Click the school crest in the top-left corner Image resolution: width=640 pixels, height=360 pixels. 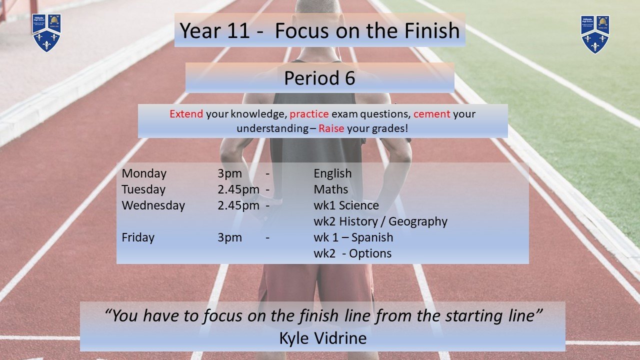(46, 33)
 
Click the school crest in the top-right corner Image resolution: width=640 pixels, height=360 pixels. (595, 34)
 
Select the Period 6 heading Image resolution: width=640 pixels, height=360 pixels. (319, 78)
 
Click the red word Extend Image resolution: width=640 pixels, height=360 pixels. (186, 114)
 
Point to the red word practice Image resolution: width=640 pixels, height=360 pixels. (309, 114)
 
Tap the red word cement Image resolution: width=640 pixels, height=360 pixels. (431, 114)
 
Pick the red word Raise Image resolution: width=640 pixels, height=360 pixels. (331, 128)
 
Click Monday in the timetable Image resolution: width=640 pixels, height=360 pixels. (144, 173)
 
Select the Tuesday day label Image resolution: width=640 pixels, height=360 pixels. (143, 189)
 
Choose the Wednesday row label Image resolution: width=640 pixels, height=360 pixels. (153, 205)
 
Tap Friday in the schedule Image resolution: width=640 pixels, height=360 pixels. (138, 237)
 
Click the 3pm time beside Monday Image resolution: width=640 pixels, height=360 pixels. (229, 173)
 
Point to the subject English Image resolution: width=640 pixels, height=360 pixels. (332, 173)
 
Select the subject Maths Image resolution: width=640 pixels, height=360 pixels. (331, 189)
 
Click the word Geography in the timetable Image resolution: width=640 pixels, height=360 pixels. (418, 221)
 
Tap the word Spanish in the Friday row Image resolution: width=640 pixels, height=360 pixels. (372, 237)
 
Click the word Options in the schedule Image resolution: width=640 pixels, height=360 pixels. (370, 253)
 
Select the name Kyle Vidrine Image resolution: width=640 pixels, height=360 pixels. (323, 338)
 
